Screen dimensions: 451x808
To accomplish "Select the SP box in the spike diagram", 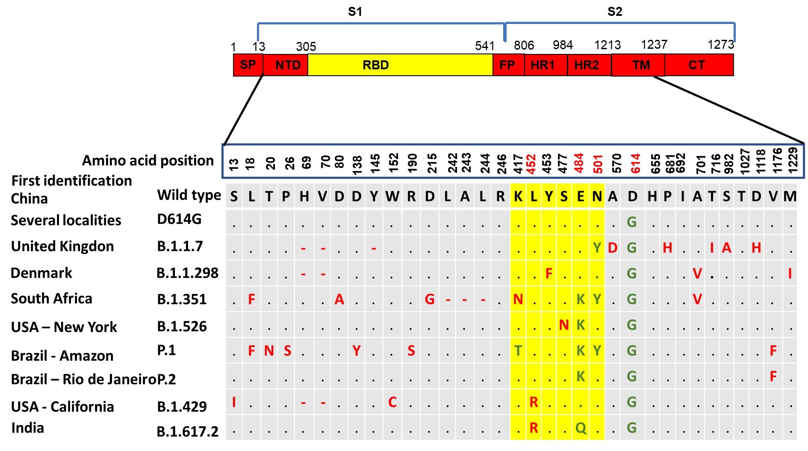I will [x=248, y=65].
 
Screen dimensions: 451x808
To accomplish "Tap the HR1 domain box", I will [x=543, y=65].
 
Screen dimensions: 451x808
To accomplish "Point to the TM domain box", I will [x=640, y=65].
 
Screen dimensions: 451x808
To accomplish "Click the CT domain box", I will [x=696, y=65].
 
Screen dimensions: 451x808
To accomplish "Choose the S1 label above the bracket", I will [x=355, y=12].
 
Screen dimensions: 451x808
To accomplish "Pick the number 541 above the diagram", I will [x=484, y=46].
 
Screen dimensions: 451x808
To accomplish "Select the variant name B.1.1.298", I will [x=187, y=273].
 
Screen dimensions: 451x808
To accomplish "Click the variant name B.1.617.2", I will [x=187, y=431].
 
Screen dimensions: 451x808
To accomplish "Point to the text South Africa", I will [x=51, y=298].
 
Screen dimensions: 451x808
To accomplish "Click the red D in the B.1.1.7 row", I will [x=613, y=248].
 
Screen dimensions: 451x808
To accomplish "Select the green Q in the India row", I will [x=581, y=427].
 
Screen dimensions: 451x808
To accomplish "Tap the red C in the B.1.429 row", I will [x=392, y=402].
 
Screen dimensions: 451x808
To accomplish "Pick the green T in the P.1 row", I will [x=518, y=351].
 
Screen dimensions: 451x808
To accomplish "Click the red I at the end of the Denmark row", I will [x=790, y=273].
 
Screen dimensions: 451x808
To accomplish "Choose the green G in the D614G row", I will [x=631, y=222].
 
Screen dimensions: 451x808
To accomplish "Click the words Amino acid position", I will [x=147, y=160].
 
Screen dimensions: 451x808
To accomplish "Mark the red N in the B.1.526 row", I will [x=564, y=325].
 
